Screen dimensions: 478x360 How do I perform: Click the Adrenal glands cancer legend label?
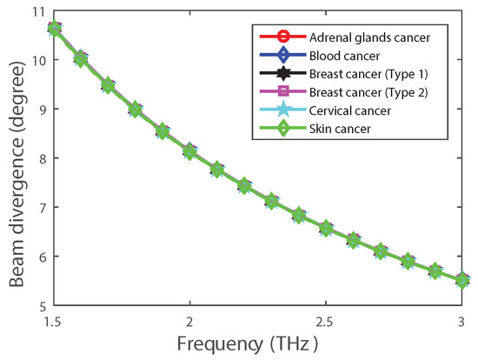(x=369, y=37)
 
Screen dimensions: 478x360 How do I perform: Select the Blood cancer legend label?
(x=344, y=56)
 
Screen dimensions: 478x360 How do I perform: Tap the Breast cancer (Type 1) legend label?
(x=368, y=74)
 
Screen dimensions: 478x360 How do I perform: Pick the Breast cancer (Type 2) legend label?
(x=368, y=92)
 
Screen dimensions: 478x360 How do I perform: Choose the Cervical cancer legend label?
(x=350, y=110)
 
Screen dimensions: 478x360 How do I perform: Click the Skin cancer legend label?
(x=340, y=129)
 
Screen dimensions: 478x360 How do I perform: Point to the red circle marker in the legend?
(x=283, y=37)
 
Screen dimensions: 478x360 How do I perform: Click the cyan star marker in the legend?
(x=283, y=110)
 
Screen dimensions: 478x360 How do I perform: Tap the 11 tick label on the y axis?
(x=38, y=11)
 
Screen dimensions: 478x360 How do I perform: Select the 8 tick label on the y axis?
(x=42, y=158)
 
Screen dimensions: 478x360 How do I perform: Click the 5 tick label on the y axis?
(x=42, y=306)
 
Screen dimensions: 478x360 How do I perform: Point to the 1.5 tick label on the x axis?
(x=53, y=322)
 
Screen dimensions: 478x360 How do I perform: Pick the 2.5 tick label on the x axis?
(x=325, y=322)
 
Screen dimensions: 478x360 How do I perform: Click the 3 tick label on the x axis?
(x=461, y=322)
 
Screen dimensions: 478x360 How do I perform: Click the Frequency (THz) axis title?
(x=247, y=344)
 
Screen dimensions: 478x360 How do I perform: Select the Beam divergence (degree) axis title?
(x=17, y=174)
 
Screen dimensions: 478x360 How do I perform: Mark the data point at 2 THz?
(x=189, y=151)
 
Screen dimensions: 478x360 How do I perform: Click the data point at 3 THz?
(x=461, y=280)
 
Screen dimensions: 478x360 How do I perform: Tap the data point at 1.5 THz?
(x=54, y=29)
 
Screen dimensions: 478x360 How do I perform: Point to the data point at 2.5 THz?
(x=326, y=229)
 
